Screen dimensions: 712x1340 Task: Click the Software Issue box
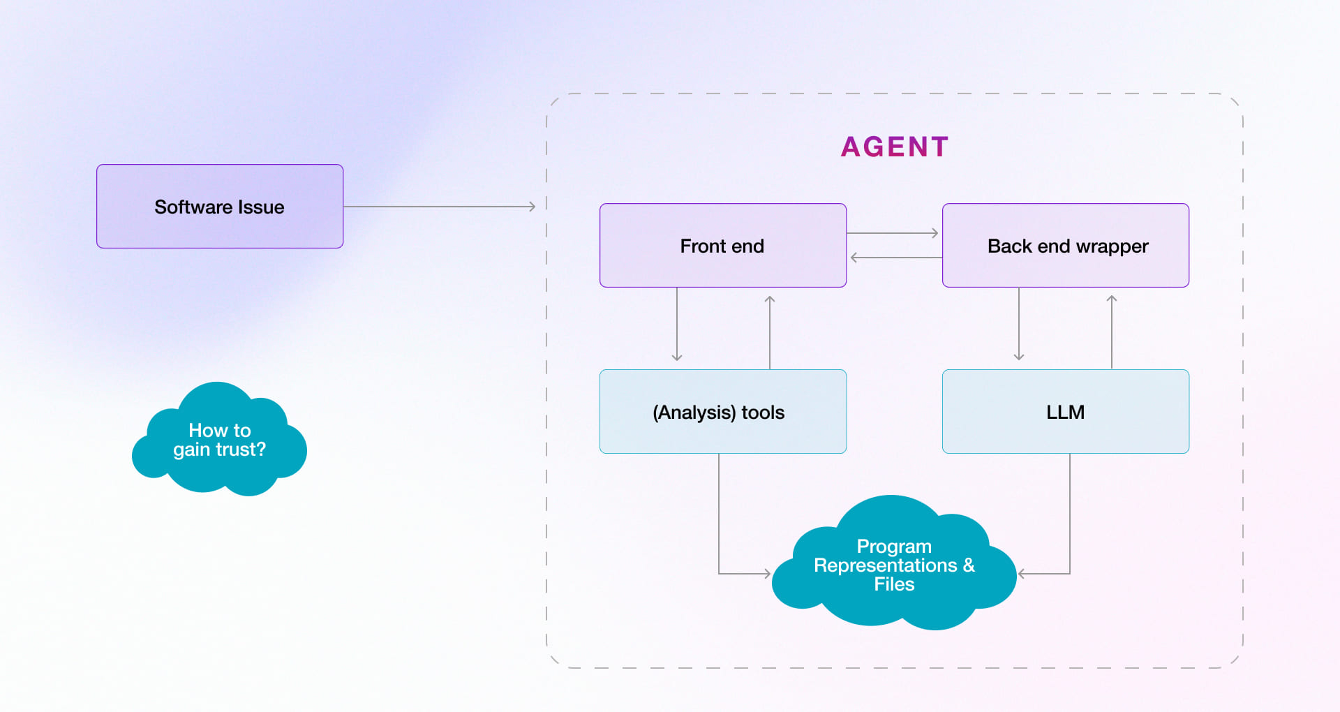pos(220,207)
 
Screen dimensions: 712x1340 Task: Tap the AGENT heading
pos(895,147)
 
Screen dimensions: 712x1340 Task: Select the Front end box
pos(722,246)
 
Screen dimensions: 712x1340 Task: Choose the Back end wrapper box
pos(1066,246)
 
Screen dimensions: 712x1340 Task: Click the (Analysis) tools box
pos(722,412)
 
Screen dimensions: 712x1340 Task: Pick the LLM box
pos(1066,412)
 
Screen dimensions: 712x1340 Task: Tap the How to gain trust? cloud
pos(219,440)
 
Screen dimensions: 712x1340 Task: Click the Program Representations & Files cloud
pos(894,565)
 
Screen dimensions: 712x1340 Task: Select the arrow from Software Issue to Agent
pos(440,207)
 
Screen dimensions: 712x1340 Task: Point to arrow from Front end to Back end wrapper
pos(893,233)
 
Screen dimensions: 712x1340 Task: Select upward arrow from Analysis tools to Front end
pos(770,332)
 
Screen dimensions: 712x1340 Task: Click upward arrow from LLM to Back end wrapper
pos(1112,332)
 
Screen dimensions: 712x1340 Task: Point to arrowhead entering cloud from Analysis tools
pos(766,574)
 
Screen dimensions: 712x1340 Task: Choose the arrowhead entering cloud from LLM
pos(1022,574)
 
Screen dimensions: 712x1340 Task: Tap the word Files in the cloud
pos(894,584)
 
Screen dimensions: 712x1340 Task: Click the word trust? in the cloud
pos(239,450)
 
